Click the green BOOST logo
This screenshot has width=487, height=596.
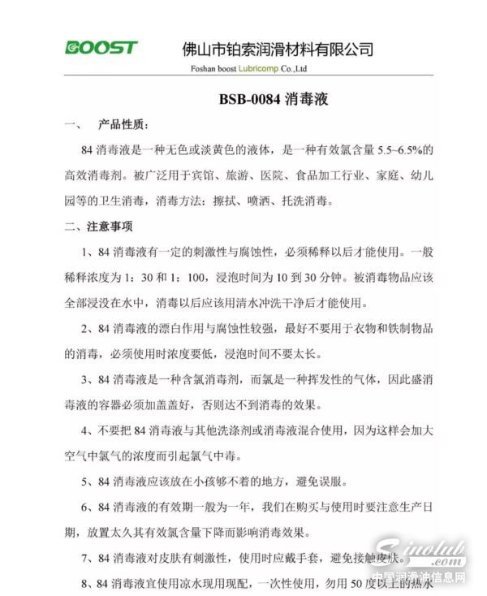coord(101,48)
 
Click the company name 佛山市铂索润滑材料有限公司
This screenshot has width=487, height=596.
coord(278,49)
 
